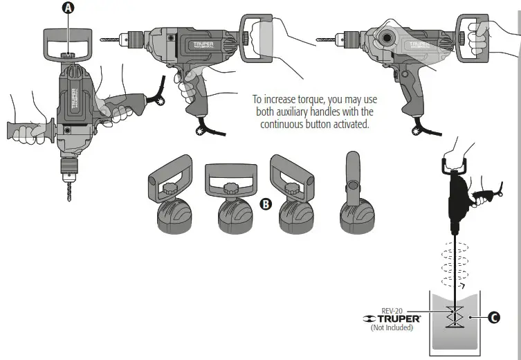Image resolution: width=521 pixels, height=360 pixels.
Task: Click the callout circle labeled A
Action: pyautogui.click(x=68, y=8)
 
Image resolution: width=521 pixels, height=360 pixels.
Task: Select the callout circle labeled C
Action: pyautogui.click(x=493, y=318)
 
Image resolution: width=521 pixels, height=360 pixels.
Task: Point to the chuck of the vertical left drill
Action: pyautogui.click(x=69, y=166)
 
